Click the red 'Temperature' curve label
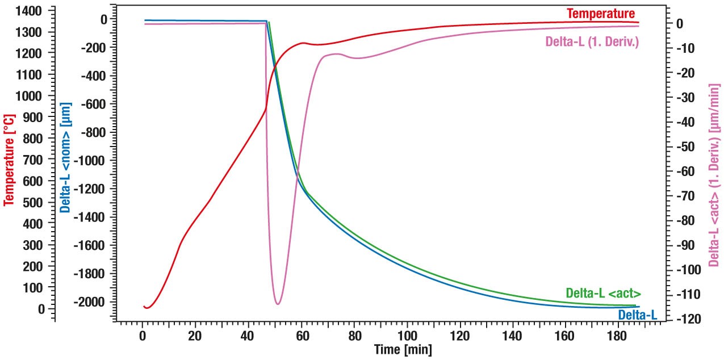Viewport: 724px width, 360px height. pos(601,14)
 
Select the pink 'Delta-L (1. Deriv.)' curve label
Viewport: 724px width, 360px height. pos(592,41)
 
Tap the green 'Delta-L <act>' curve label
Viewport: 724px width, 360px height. pos(603,294)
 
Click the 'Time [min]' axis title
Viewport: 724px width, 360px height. pos(403,349)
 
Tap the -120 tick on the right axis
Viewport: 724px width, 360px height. pos(687,319)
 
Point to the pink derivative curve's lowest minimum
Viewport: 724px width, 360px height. pos(278,304)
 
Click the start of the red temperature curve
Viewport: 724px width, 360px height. pos(144,307)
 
